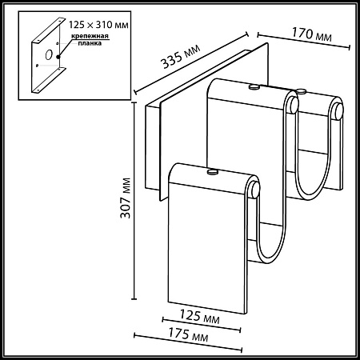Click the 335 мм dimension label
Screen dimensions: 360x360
pyautogui.click(x=180, y=56)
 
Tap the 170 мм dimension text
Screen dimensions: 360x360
pyautogui.click(x=312, y=34)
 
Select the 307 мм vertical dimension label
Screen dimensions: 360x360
pyautogui.click(x=126, y=198)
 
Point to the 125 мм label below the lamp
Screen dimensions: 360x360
pyautogui.click(x=200, y=317)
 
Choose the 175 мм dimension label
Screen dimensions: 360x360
pyautogui.click(x=188, y=334)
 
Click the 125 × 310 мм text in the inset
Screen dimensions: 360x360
pyautogui.click(x=98, y=25)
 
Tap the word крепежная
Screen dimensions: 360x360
pyautogui.click(x=90, y=36)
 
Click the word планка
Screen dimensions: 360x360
pyautogui.click(x=90, y=43)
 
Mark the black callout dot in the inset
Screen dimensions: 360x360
pyautogui.click(x=58, y=57)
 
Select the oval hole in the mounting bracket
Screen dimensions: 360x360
pyautogui.click(x=49, y=54)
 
